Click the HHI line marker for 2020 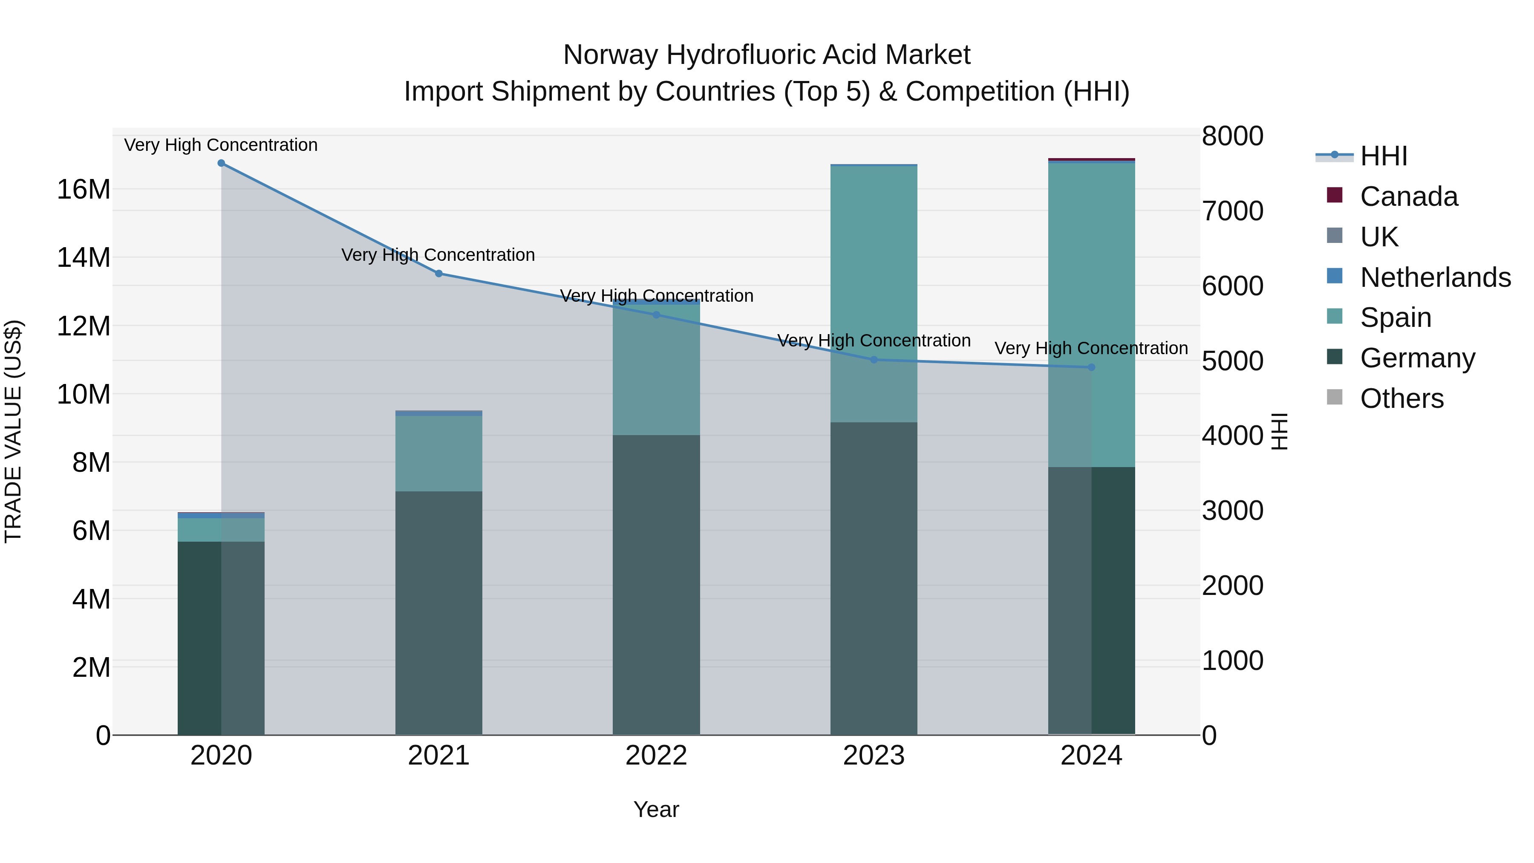click(x=221, y=163)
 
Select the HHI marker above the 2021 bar click(x=438, y=273)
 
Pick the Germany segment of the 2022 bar click(x=656, y=584)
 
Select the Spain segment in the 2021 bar click(x=438, y=453)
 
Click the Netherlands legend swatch click(x=1335, y=276)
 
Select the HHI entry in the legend click(x=1383, y=156)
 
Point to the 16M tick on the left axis click(x=84, y=189)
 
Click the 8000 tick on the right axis click(x=1232, y=136)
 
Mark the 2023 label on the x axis click(x=874, y=756)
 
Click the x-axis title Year click(x=656, y=809)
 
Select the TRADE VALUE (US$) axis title click(x=13, y=431)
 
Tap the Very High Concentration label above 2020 click(x=221, y=145)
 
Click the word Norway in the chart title click(x=610, y=55)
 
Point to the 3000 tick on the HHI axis click(x=1232, y=511)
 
